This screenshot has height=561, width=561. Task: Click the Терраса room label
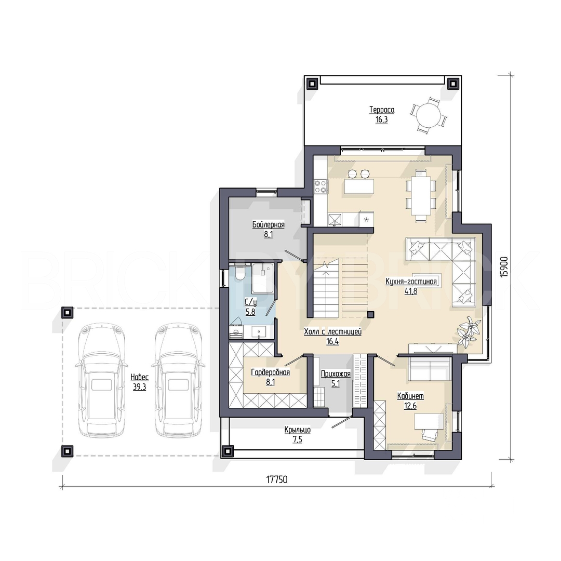[x=382, y=110]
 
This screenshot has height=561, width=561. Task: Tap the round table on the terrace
[x=429, y=115]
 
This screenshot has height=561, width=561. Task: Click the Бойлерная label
[x=269, y=225]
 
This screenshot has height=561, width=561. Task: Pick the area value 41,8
[x=411, y=291]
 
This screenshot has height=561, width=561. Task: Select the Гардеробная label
[x=270, y=372]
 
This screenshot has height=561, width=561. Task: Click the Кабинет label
[x=410, y=396]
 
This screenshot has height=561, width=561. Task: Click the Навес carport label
[x=139, y=377]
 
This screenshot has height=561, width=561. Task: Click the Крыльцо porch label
[x=297, y=430]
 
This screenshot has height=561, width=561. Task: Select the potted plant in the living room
[x=467, y=331]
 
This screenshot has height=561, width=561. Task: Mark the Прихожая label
[x=336, y=374]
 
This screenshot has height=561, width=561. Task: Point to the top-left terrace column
[x=312, y=83]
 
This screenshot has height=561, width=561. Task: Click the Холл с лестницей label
[x=333, y=332]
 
